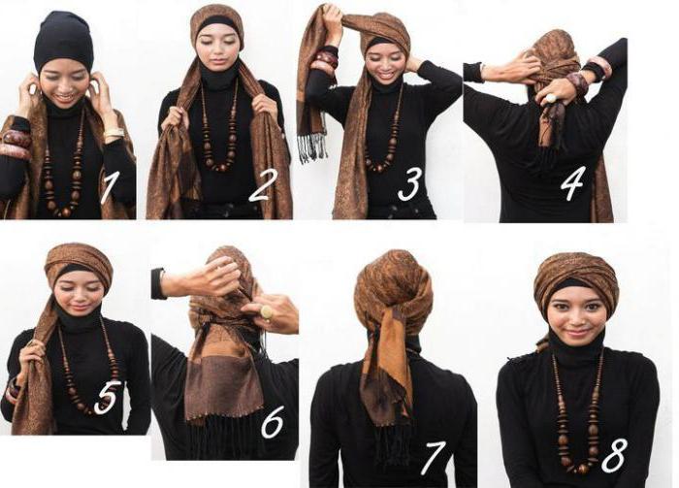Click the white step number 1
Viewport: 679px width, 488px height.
[x=109, y=187]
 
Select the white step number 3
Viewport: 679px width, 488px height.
[x=409, y=185]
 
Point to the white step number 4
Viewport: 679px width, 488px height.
[x=572, y=183]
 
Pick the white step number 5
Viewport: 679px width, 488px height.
[x=106, y=398]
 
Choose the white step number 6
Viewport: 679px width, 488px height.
[x=273, y=421]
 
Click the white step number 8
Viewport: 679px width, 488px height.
[x=614, y=455]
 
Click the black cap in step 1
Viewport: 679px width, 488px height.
[x=64, y=44]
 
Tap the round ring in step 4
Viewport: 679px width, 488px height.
[x=551, y=98]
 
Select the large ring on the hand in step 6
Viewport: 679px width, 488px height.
[x=265, y=311]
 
